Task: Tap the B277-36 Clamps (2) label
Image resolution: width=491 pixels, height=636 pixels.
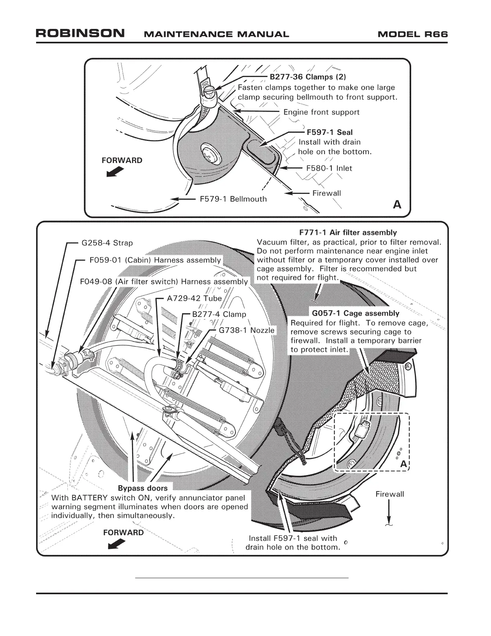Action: (307, 77)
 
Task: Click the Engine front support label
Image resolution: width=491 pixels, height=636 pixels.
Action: (321, 112)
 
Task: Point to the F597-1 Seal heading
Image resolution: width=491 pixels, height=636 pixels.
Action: (330, 132)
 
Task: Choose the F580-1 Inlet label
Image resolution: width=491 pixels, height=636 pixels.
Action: (329, 168)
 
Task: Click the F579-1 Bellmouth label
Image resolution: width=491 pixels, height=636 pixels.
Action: (233, 199)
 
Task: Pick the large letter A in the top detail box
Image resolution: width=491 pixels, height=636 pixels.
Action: (397, 204)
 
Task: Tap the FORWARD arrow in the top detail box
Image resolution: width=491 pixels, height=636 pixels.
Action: (115, 172)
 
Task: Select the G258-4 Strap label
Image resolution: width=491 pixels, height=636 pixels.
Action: (107, 243)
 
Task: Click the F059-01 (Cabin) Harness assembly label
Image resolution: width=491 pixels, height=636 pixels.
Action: (155, 260)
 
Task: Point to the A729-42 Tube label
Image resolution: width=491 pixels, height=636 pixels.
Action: (194, 298)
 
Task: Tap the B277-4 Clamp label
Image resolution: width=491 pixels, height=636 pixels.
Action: (219, 314)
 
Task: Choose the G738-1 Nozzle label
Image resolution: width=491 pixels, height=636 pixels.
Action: (247, 330)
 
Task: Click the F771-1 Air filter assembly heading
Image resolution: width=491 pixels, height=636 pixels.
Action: (348, 232)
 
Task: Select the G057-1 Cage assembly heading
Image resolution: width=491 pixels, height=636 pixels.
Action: (355, 313)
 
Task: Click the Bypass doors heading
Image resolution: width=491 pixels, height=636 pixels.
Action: (143, 488)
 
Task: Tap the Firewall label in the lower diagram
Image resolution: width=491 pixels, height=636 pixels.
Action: (390, 494)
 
